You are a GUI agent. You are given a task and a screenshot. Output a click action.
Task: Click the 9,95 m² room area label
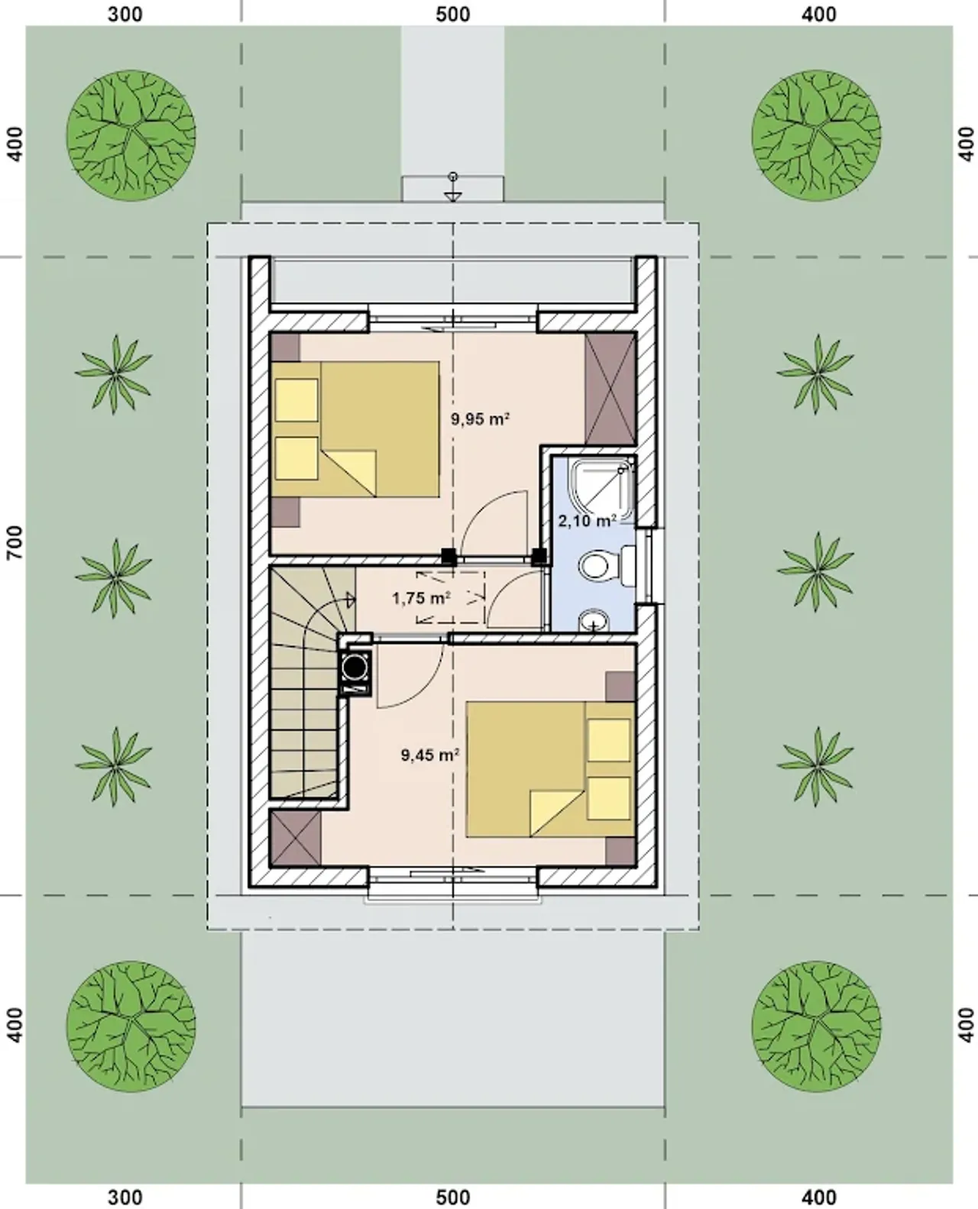click(x=480, y=419)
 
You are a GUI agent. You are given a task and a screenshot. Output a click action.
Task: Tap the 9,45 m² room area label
click(x=430, y=755)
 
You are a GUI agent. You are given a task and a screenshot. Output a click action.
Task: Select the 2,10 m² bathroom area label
click(x=588, y=521)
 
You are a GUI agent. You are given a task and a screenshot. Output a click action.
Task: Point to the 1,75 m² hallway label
click(x=422, y=598)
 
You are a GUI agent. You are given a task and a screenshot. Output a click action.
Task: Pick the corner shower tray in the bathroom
click(x=603, y=490)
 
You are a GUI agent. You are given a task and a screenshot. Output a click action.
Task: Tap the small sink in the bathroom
click(x=594, y=621)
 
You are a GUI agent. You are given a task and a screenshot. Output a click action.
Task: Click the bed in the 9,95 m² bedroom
click(x=355, y=430)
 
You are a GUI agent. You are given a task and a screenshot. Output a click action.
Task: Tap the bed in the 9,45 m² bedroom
click(x=550, y=769)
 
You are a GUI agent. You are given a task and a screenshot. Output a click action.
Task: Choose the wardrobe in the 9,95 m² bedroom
click(x=610, y=389)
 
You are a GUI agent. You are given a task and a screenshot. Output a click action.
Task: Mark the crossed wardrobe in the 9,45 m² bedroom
click(x=296, y=838)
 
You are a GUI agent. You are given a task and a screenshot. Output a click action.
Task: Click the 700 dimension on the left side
click(x=16, y=542)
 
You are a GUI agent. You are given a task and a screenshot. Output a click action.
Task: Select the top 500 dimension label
click(x=452, y=14)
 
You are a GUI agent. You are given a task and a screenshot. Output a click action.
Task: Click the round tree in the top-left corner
click(x=131, y=135)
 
